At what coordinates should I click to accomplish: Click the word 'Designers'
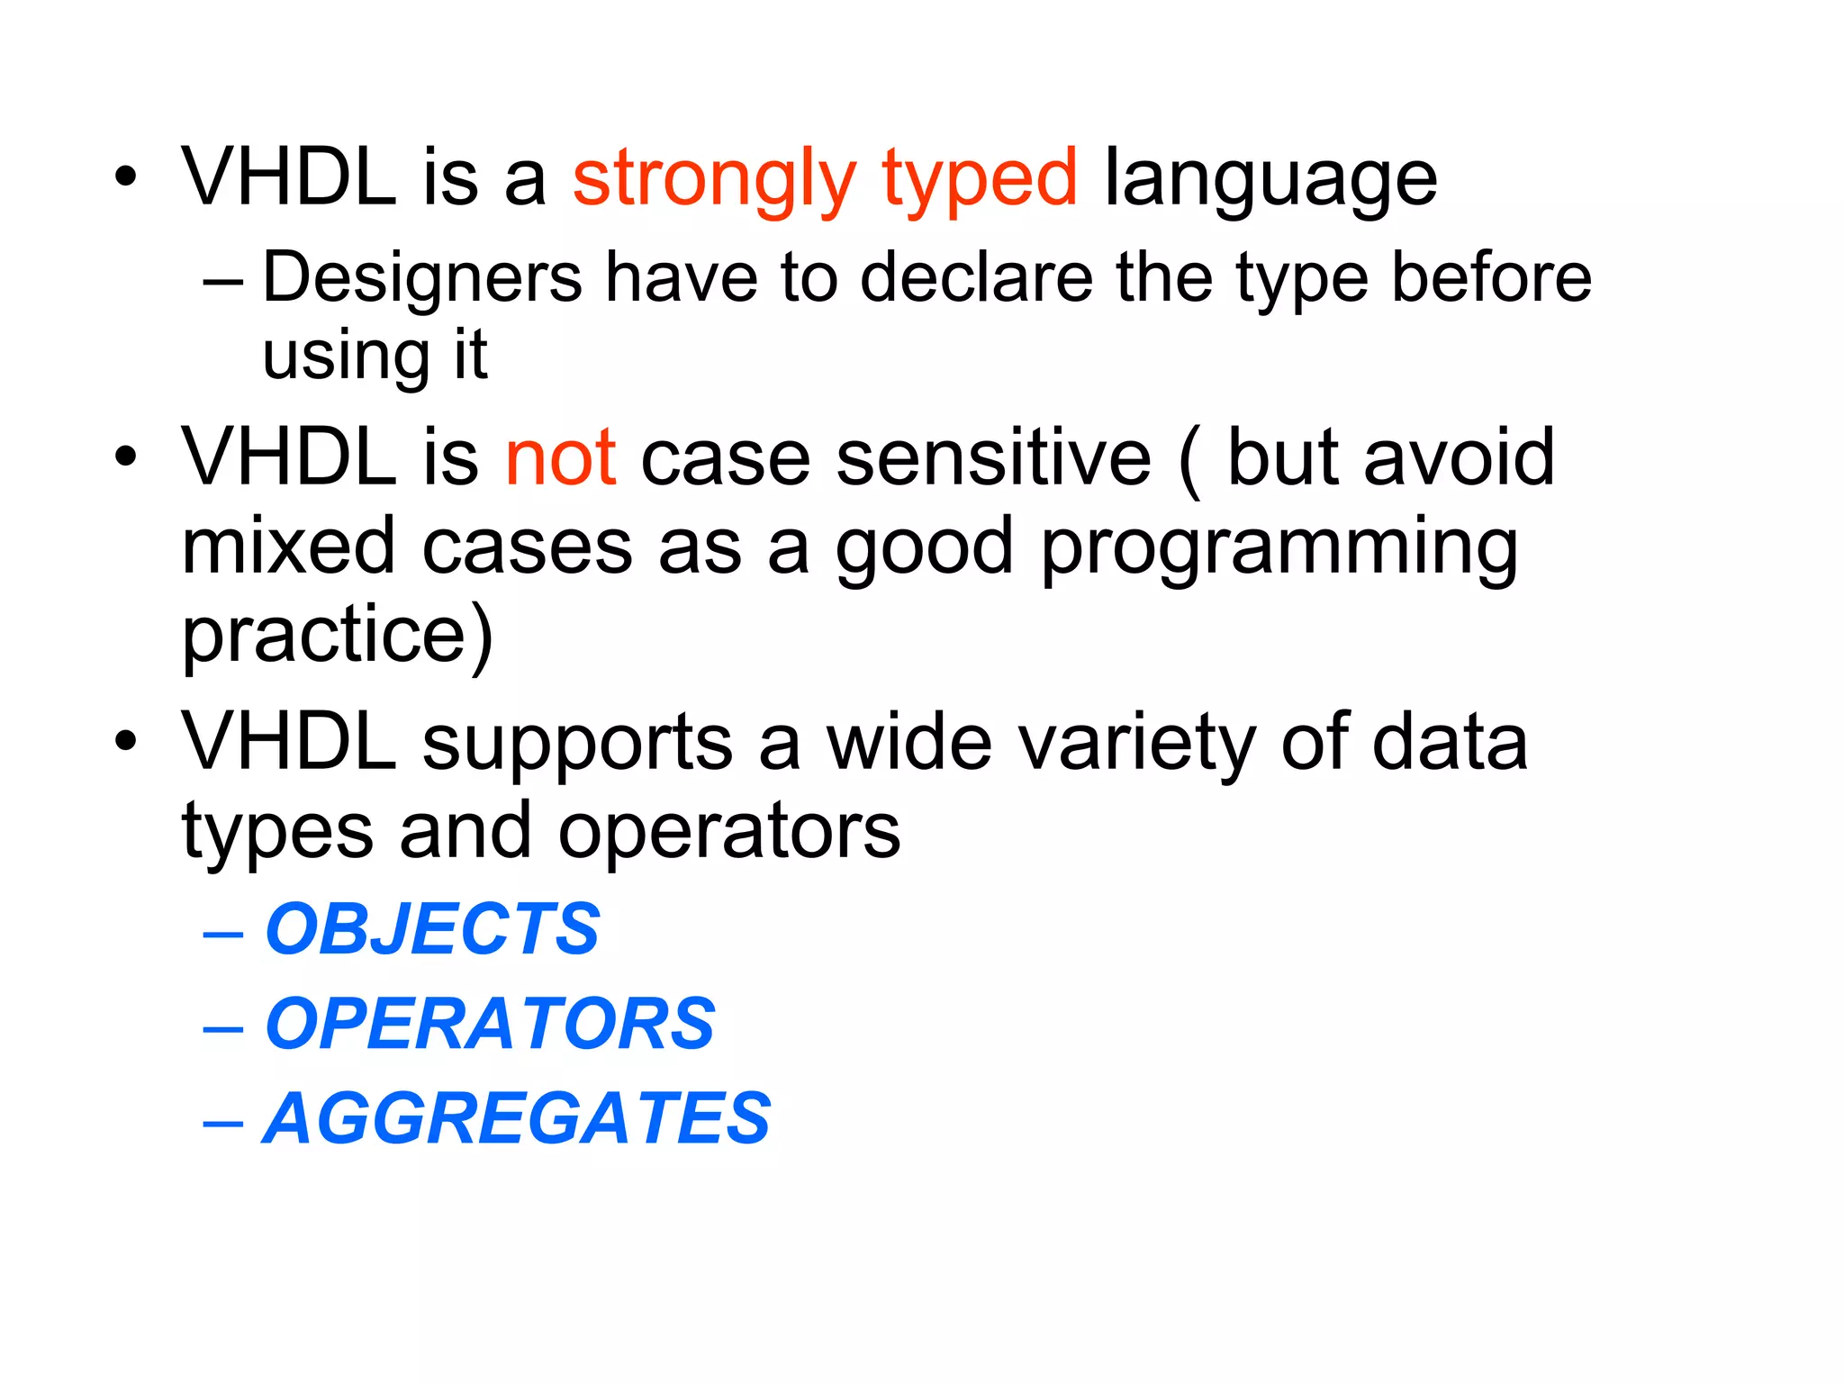pyautogui.click(x=422, y=279)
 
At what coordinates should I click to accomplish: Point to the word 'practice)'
pyautogui.click(x=338, y=636)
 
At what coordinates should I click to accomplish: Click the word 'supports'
pyautogui.click(x=577, y=744)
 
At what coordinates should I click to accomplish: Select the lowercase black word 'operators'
pyautogui.click(x=729, y=832)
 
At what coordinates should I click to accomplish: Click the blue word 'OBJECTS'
pyautogui.click(x=432, y=929)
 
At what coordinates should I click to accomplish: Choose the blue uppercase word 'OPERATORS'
pyautogui.click(x=490, y=1024)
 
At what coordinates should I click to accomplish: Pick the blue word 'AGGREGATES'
pyautogui.click(x=517, y=1119)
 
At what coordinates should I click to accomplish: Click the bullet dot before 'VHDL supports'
pyautogui.click(x=126, y=741)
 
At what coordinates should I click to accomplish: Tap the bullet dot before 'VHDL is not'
pyautogui.click(x=126, y=456)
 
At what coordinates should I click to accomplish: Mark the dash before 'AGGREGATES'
pyautogui.click(x=223, y=1123)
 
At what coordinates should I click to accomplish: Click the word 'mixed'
pyautogui.click(x=288, y=547)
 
